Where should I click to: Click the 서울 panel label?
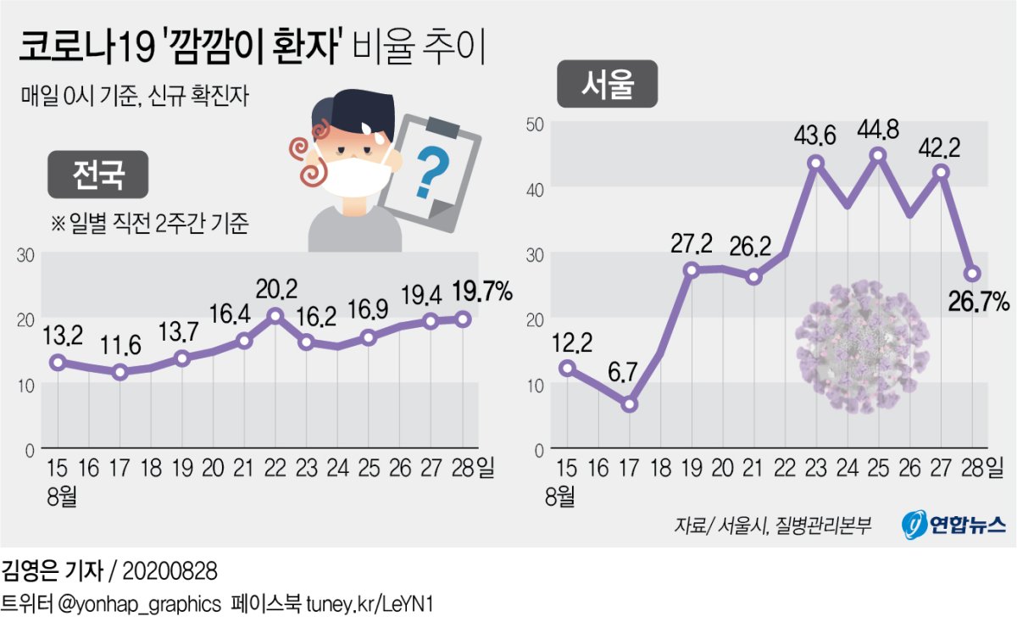tap(607, 84)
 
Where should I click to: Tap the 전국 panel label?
tap(98, 175)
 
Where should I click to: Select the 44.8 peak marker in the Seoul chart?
tap(879, 155)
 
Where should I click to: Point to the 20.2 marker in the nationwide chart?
tap(275, 316)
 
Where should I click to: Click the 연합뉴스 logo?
tap(953, 524)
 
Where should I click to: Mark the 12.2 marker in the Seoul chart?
tap(567, 368)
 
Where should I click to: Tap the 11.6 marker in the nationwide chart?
tap(120, 371)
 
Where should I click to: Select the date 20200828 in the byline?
tap(170, 569)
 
